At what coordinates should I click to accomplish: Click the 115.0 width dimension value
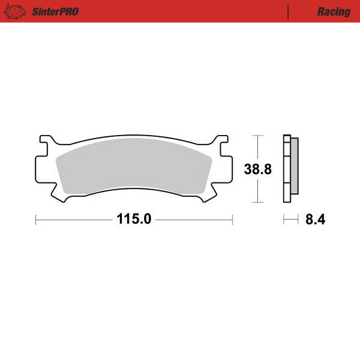[134, 220]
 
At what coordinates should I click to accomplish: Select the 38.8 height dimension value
[258, 169]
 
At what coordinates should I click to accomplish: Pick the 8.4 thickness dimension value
[315, 220]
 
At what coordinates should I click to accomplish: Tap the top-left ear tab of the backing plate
[46, 143]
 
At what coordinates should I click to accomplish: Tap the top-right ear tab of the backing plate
[222, 143]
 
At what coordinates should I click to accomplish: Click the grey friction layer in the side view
[294, 168]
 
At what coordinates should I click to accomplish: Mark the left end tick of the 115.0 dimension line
[36, 220]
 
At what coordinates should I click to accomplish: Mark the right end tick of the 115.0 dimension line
[232, 220]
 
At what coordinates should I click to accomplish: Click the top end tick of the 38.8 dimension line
[258, 136]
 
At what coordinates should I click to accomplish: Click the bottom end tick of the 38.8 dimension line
[258, 202]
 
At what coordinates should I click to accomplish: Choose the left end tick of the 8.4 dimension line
[284, 220]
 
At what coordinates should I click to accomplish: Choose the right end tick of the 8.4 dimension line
[298, 220]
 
